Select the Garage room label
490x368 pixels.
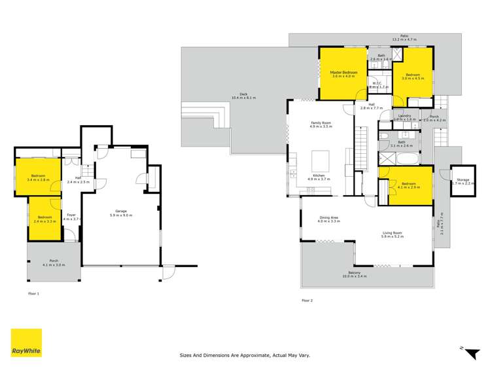click(x=121, y=211)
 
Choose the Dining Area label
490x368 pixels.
click(x=329, y=219)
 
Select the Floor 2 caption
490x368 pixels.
click(x=307, y=300)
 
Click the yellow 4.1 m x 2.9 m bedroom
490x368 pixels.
click(x=406, y=185)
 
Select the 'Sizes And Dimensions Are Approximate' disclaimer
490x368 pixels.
click(x=244, y=355)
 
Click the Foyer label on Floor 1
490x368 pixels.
click(x=71, y=214)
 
